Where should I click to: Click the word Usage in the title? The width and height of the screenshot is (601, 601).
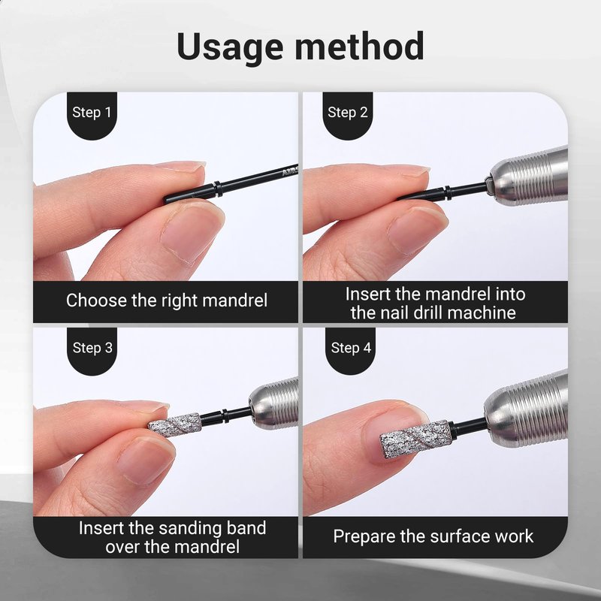click(x=230, y=47)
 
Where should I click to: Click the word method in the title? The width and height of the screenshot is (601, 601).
click(x=359, y=46)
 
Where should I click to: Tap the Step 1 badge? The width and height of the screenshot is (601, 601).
click(x=92, y=115)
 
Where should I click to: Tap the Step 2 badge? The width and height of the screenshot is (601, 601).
click(x=348, y=115)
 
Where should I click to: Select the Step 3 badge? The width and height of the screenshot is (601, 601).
click(x=92, y=350)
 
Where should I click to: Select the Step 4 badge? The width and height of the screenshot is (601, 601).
click(x=350, y=350)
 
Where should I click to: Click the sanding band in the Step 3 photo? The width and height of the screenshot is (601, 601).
click(x=175, y=424)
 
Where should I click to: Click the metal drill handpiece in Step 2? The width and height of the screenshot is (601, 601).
click(x=527, y=177)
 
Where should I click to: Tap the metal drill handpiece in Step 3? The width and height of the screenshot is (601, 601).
click(x=273, y=403)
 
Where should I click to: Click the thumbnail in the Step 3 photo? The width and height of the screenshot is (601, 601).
click(x=145, y=461)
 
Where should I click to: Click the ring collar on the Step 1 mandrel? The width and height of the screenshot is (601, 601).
click(x=218, y=189)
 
